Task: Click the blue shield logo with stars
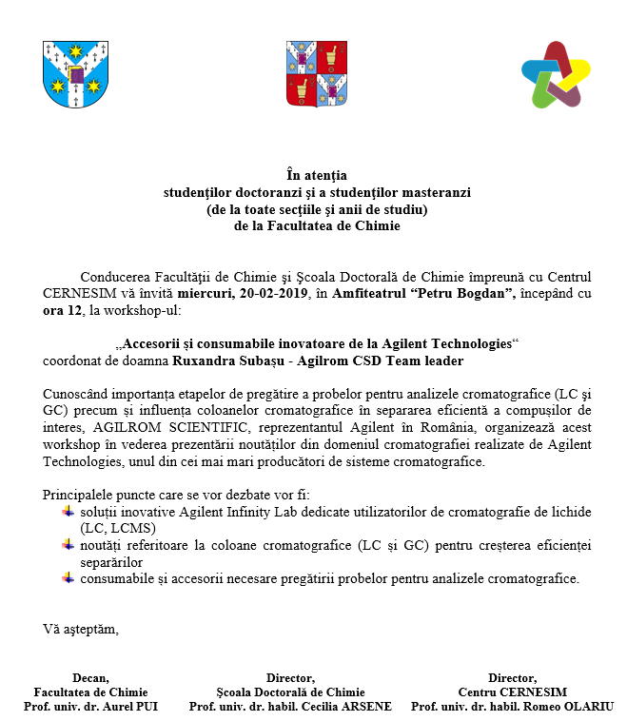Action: tap(69, 74)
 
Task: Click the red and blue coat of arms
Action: tap(313, 73)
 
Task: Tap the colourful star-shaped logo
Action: tap(558, 74)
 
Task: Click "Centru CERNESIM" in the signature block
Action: tap(512, 692)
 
